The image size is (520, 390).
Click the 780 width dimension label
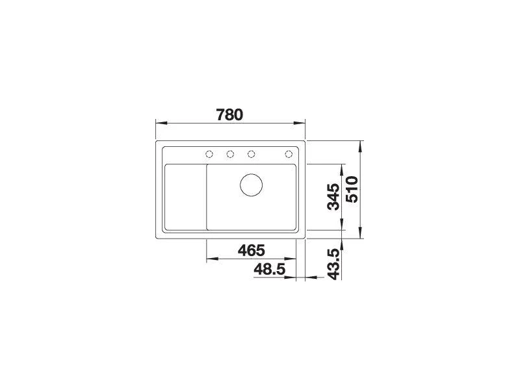point(229,115)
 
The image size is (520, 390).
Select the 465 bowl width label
point(252,250)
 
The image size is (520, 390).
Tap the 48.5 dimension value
point(269,269)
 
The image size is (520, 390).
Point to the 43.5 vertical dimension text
point(333,265)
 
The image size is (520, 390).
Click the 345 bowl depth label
point(333,197)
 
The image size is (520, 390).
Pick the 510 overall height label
point(352,189)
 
